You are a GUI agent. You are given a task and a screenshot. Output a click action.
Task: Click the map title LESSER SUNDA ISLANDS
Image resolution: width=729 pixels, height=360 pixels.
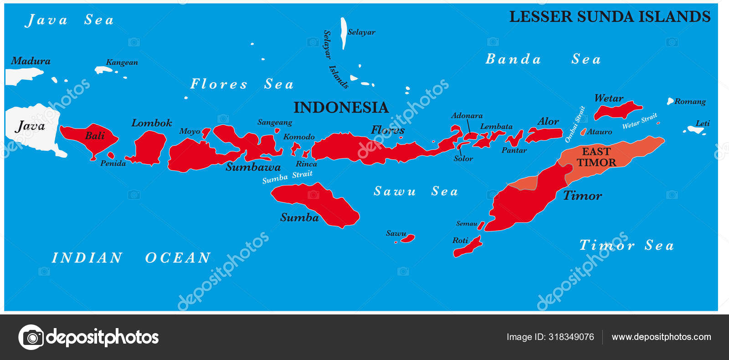coord(610,16)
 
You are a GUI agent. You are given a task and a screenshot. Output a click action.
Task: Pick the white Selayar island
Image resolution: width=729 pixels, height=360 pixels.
coord(344,33)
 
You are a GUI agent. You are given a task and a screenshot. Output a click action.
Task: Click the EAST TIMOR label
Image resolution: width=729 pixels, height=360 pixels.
coord(596,157)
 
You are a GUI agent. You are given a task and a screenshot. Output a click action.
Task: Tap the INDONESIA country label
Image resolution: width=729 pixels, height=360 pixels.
coord(341,108)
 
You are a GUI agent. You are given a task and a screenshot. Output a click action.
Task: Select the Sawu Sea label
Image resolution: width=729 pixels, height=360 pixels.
coord(416,191)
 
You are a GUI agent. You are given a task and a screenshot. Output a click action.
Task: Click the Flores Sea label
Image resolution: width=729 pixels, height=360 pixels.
coord(241,84)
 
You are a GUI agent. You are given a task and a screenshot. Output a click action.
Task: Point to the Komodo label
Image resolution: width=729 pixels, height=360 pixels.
coord(299,137)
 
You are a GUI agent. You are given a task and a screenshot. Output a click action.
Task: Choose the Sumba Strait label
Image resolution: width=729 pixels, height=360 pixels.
coord(287,177)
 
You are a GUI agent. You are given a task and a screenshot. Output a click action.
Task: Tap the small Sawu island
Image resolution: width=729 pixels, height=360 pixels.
coord(408,238)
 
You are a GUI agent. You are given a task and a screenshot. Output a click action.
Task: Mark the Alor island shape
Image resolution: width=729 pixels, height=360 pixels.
coord(544,135)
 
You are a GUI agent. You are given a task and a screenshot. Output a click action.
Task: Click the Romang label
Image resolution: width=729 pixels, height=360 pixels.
coord(690,102)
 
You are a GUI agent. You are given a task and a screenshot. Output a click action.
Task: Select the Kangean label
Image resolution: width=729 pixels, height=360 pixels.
coord(122,62)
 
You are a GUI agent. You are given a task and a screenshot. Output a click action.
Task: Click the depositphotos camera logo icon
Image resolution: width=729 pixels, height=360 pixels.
coord(31,337)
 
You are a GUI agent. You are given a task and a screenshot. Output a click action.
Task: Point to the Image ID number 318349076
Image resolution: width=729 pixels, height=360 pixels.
coord(571,337)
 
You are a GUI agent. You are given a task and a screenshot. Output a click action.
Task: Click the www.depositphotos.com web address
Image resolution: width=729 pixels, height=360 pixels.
coord(661,337)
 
